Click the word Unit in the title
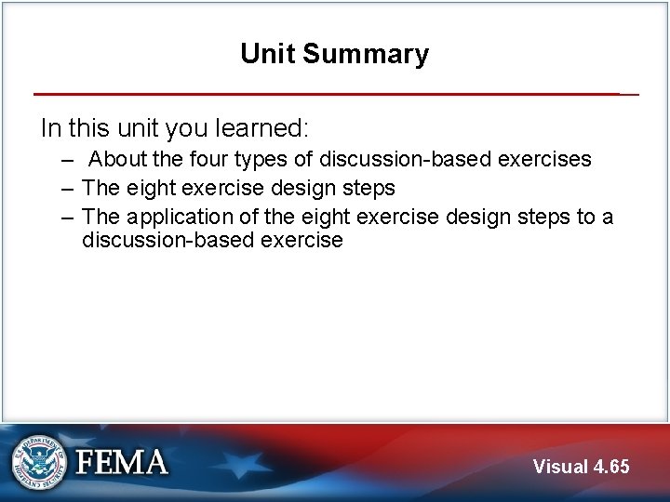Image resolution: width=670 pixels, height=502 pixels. pyautogui.click(x=268, y=54)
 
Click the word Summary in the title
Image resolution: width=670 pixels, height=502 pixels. pyautogui.click(x=365, y=54)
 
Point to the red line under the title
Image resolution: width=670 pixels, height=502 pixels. pyautogui.click(x=326, y=94)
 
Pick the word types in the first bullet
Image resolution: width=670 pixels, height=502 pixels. pyautogui.click(x=261, y=159)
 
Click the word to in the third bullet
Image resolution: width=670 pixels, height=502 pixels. pyautogui.click(x=584, y=217)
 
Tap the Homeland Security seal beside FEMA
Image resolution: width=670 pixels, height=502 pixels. pyautogui.click(x=38, y=462)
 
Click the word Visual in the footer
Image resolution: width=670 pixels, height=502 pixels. pyautogui.click(x=560, y=467)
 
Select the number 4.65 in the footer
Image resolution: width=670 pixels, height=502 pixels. pyautogui.click(x=611, y=467)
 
